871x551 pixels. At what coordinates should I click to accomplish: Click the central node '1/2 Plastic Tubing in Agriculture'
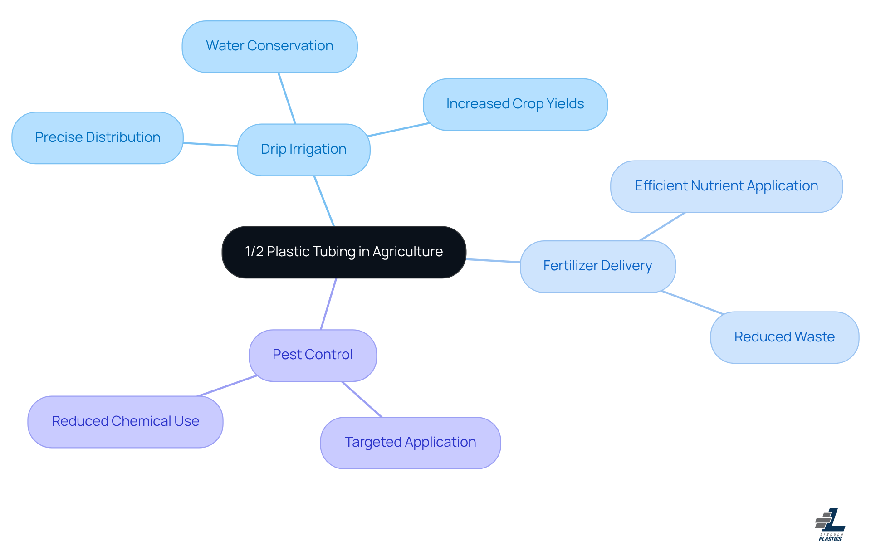click(344, 252)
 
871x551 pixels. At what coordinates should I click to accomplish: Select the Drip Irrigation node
click(303, 150)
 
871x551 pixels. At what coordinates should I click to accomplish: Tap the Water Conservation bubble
click(269, 46)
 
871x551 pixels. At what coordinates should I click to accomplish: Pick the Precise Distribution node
click(97, 138)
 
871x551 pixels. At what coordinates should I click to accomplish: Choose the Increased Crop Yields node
click(515, 104)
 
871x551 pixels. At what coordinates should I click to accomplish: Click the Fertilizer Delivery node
click(597, 266)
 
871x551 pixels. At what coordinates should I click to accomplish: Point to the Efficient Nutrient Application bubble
click(726, 186)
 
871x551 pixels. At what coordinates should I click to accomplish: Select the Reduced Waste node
click(784, 337)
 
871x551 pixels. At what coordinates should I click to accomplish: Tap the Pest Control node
click(313, 355)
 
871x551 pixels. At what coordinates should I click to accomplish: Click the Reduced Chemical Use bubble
click(125, 422)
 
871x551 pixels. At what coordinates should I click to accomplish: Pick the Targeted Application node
click(410, 443)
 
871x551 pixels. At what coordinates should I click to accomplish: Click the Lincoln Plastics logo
click(830, 525)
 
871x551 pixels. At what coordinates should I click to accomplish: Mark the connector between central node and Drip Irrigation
click(324, 201)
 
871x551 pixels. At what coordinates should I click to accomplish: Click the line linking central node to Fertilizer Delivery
click(493, 261)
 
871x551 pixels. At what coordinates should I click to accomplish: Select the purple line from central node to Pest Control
click(328, 304)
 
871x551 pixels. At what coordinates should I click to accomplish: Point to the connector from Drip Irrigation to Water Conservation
click(287, 98)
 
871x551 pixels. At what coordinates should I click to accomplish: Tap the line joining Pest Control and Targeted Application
click(362, 399)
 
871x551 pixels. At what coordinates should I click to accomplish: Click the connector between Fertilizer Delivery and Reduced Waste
click(692, 302)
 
